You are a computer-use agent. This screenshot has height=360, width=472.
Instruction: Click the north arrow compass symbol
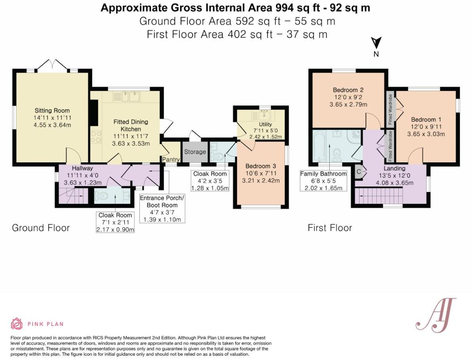click(376, 42)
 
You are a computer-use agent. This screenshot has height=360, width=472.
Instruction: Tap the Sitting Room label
click(52, 111)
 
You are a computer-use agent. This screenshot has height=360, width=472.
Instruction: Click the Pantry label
click(171, 159)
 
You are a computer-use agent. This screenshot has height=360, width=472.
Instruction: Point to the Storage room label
click(195, 152)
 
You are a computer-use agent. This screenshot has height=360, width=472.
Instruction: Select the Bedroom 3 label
click(260, 166)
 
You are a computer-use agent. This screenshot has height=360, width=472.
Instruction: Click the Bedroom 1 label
click(426, 119)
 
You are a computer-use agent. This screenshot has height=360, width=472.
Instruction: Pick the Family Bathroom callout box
click(323, 181)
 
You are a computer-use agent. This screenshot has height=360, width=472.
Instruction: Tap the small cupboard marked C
click(359, 171)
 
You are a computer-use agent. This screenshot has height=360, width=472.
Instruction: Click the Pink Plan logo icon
click(17, 324)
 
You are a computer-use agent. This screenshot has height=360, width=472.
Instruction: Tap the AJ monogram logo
click(435, 314)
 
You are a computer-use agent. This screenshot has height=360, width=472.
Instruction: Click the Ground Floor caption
click(41, 228)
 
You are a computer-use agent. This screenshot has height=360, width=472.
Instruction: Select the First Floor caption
click(330, 228)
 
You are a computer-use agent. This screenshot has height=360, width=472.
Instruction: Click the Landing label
click(394, 168)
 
